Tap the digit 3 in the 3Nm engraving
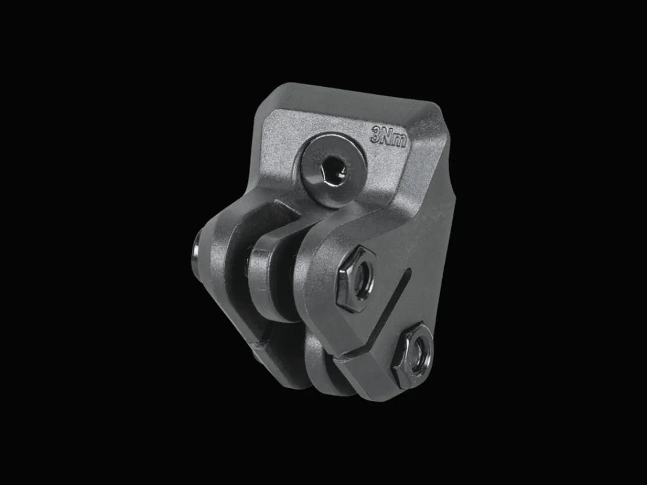[376, 134]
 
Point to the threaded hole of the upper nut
[362, 280]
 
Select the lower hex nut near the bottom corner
[412, 355]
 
